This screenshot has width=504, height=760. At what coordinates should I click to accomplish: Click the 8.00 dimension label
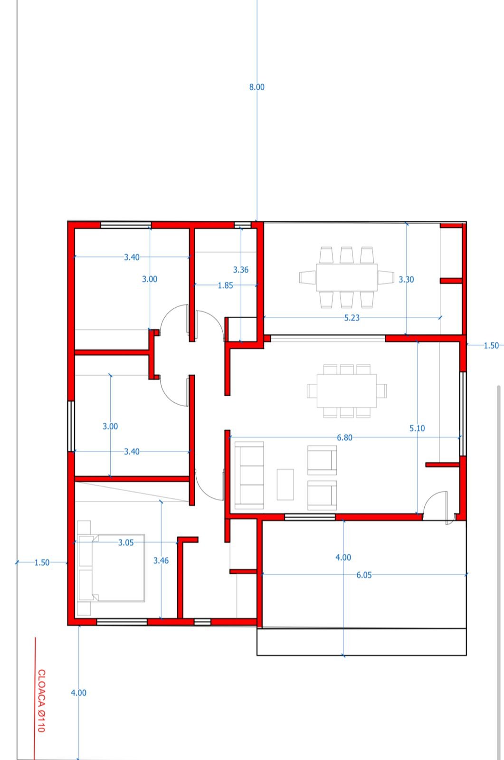[257, 87]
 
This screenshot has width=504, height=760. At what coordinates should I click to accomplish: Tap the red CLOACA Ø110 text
[41, 701]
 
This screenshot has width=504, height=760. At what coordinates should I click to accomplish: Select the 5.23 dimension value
[352, 318]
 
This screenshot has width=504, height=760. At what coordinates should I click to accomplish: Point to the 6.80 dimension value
[344, 437]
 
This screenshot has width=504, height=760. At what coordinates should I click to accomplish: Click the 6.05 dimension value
[364, 575]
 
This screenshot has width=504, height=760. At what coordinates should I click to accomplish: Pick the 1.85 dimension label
[225, 285]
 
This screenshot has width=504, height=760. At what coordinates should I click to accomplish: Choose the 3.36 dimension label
[241, 270]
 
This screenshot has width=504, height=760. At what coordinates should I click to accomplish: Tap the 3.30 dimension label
[406, 280]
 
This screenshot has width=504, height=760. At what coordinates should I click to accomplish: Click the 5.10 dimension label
[417, 428]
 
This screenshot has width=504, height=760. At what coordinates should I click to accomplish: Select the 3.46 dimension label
[161, 560]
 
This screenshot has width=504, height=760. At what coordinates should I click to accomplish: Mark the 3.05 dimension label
[126, 542]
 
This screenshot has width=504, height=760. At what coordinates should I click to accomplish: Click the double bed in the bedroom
[111, 568]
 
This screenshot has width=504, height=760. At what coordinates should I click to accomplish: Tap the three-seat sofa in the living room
[249, 475]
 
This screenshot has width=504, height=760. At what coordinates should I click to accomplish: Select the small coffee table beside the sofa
[285, 484]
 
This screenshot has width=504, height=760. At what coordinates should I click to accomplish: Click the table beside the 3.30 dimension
[346, 277]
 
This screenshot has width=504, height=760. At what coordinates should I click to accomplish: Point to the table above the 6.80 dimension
[346, 391]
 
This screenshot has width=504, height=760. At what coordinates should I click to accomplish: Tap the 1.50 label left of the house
[42, 562]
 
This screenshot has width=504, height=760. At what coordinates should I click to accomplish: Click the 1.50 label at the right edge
[491, 346]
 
